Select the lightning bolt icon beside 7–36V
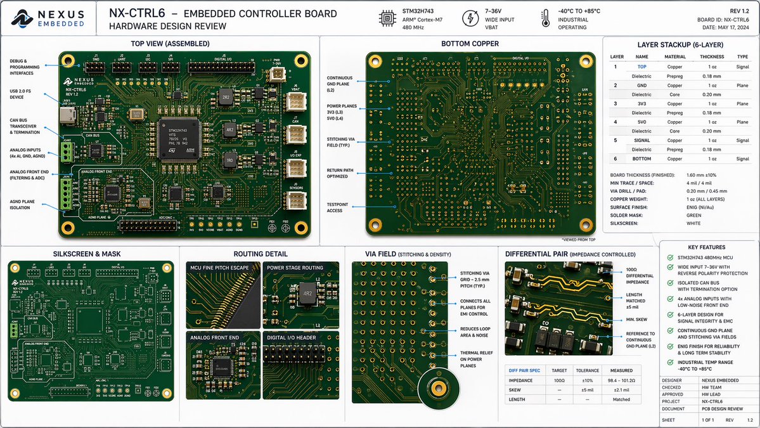(x=470, y=18)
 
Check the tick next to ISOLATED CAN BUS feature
(x=671, y=285)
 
